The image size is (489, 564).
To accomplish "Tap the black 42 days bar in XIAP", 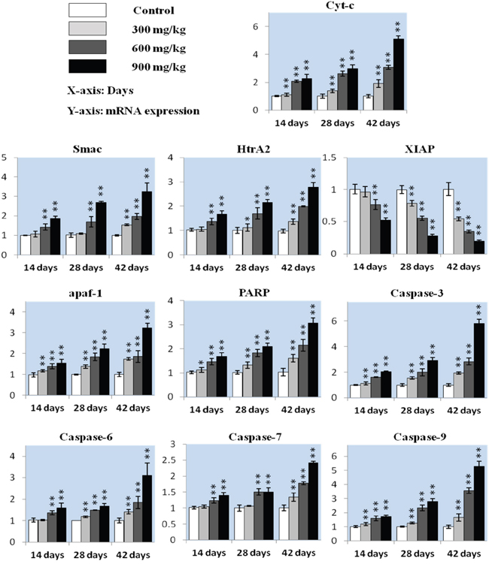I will point(477,248).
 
